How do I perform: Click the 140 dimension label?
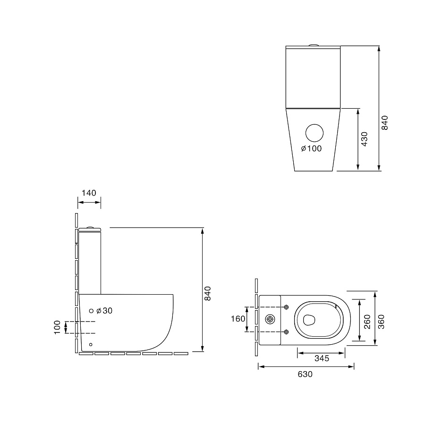89,193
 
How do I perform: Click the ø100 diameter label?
312,148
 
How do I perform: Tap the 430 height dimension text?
365,139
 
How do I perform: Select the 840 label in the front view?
384,123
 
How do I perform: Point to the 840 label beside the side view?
207,293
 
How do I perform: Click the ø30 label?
104,311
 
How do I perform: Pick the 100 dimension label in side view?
57,327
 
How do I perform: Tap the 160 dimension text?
238,319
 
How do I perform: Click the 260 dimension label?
367,322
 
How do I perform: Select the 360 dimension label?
381,322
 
